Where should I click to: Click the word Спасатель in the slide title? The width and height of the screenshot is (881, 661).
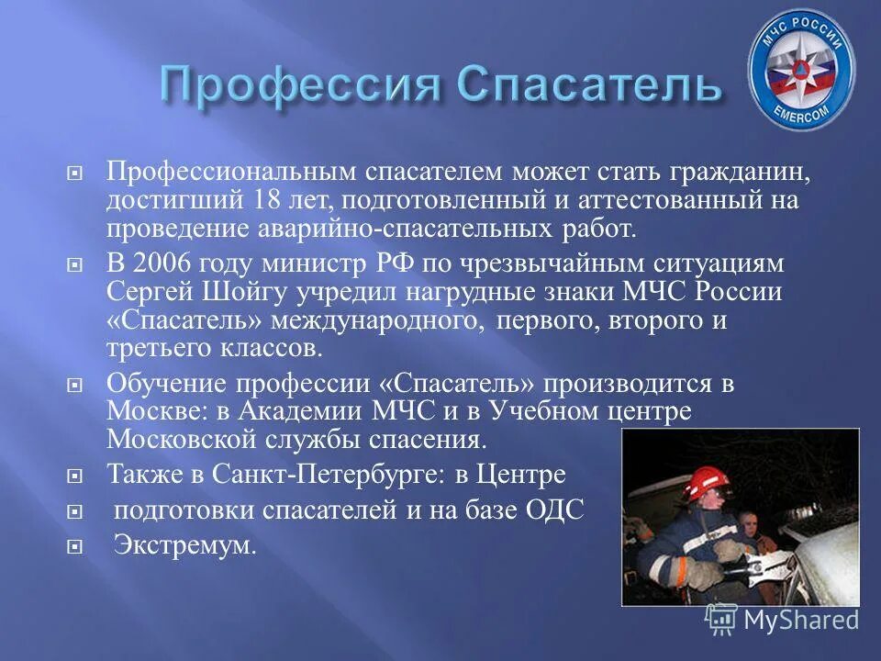[x=588, y=85]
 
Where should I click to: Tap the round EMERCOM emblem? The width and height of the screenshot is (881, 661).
[x=800, y=71]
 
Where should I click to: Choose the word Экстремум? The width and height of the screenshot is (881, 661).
[x=184, y=544]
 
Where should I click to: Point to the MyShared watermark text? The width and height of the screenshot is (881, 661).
[x=800, y=620]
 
